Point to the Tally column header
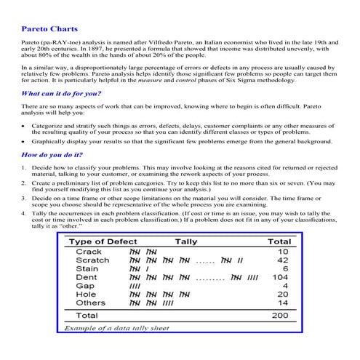tap(185, 241)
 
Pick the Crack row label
tap(89, 252)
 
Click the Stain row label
tap(87, 269)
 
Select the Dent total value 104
tap(279, 277)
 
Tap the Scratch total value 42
tap(282, 260)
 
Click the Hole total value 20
tap(282, 295)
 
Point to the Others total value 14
tap(282, 303)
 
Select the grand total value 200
tap(279, 316)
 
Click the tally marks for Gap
tap(135, 286)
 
